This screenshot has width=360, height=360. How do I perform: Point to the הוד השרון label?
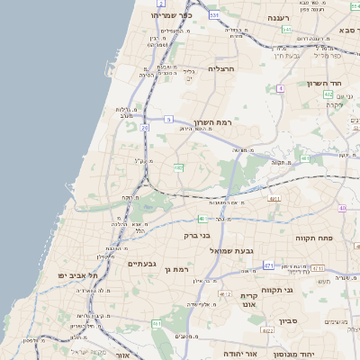pyautogui.click(x=321, y=83)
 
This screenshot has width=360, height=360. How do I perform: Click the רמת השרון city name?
pyautogui.click(x=212, y=121)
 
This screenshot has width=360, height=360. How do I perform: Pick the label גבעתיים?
pyautogui.click(x=142, y=264)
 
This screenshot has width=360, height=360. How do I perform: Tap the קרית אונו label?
pyautogui.click(x=249, y=300)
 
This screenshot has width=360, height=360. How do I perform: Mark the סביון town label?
pyautogui.click(x=288, y=320)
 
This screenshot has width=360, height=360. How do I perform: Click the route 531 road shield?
pyautogui.click(x=214, y=15)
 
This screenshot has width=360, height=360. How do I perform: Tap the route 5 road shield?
pyautogui.click(x=168, y=119)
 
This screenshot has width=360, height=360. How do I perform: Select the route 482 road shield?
pyautogui.click(x=179, y=167)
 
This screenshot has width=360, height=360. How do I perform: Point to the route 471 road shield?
pyautogui.click(x=268, y=265)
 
